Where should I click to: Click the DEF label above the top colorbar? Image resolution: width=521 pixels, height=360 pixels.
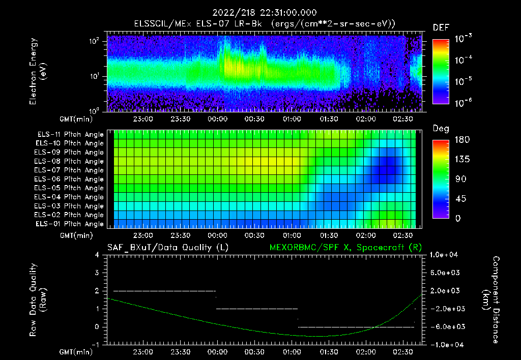click(441, 27)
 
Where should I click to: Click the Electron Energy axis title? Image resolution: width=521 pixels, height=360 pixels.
click(39, 71)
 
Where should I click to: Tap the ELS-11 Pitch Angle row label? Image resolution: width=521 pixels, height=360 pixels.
click(70, 135)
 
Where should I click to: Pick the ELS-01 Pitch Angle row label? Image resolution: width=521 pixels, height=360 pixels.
click(70, 224)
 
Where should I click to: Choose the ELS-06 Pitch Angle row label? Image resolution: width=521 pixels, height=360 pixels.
click(70, 179)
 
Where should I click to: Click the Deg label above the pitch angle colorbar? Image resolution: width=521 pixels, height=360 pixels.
click(441, 129)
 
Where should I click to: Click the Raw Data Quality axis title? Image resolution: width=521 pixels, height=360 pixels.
click(39, 300)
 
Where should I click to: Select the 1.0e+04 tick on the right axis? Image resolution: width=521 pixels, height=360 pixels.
click(446, 255)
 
